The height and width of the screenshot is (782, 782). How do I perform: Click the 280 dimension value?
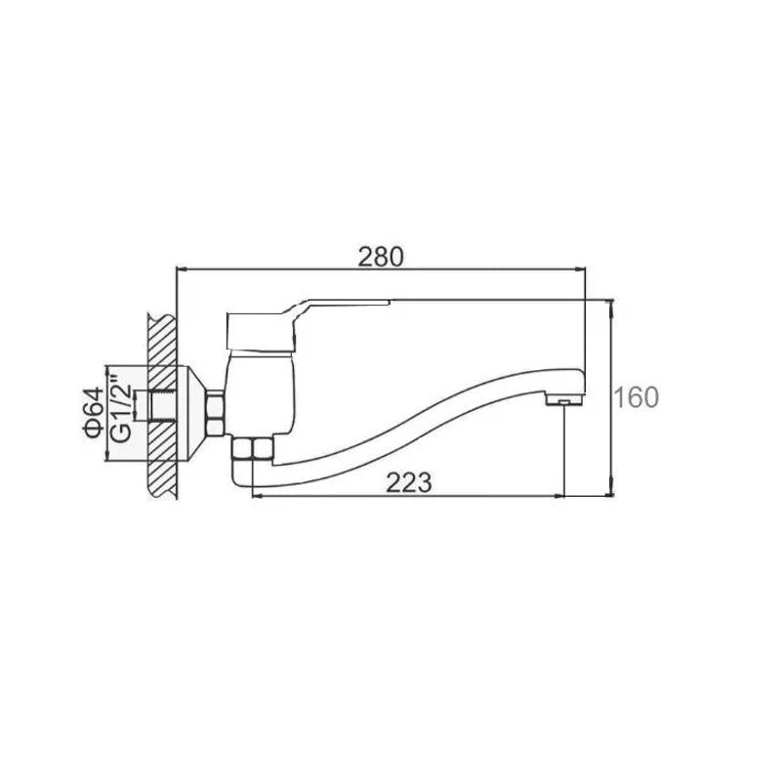(x=381, y=258)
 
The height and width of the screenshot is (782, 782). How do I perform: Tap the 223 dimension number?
(x=409, y=482)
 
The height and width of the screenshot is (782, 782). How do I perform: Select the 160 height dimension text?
(x=636, y=397)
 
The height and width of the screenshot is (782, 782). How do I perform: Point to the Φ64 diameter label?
(x=95, y=412)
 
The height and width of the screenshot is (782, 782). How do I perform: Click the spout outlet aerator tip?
(x=564, y=400)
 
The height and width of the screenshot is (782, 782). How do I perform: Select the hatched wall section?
(x=162, y=405)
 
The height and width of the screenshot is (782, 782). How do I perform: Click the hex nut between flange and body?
(x=216, y=413)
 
